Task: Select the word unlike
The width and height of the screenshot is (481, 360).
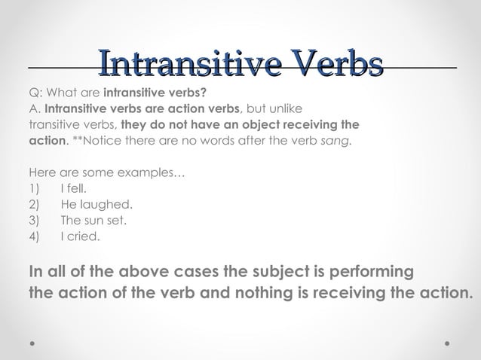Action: pyautogui.click(x=283, y=108)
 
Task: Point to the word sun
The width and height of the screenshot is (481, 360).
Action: pyautogui.click(x=93, y=221)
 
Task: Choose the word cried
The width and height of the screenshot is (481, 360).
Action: pyautogui.click(x=84, y=236)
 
